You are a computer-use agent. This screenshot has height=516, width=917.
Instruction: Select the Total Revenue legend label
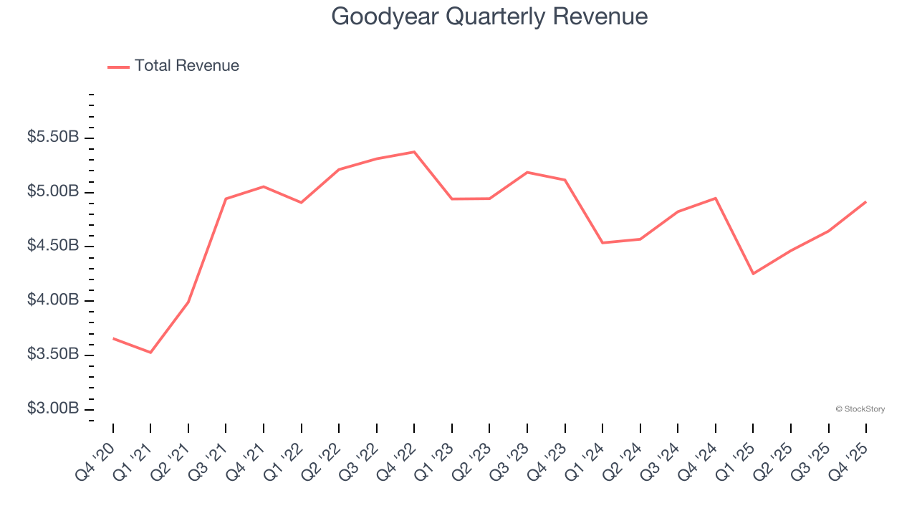186,66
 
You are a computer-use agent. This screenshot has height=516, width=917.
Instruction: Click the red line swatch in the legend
118,67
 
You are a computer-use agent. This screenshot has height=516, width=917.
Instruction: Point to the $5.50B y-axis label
53,137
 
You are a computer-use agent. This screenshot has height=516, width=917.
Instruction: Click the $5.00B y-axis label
53,191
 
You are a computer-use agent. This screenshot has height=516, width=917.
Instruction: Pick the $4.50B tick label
53,246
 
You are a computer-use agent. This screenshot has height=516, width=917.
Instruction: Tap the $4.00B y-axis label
53,300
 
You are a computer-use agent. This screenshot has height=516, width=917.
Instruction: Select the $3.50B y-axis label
53,355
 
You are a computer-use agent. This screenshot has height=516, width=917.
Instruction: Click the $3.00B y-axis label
53,408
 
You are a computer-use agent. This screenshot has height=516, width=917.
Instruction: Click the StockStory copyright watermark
860,409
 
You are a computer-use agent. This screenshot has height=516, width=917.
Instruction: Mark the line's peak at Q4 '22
414,152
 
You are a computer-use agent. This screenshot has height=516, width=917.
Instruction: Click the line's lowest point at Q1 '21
150,353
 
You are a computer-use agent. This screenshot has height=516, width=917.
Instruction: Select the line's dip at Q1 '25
753,274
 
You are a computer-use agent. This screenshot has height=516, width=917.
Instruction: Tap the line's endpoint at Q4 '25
865,202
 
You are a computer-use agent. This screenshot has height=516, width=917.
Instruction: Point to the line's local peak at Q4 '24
715,198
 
